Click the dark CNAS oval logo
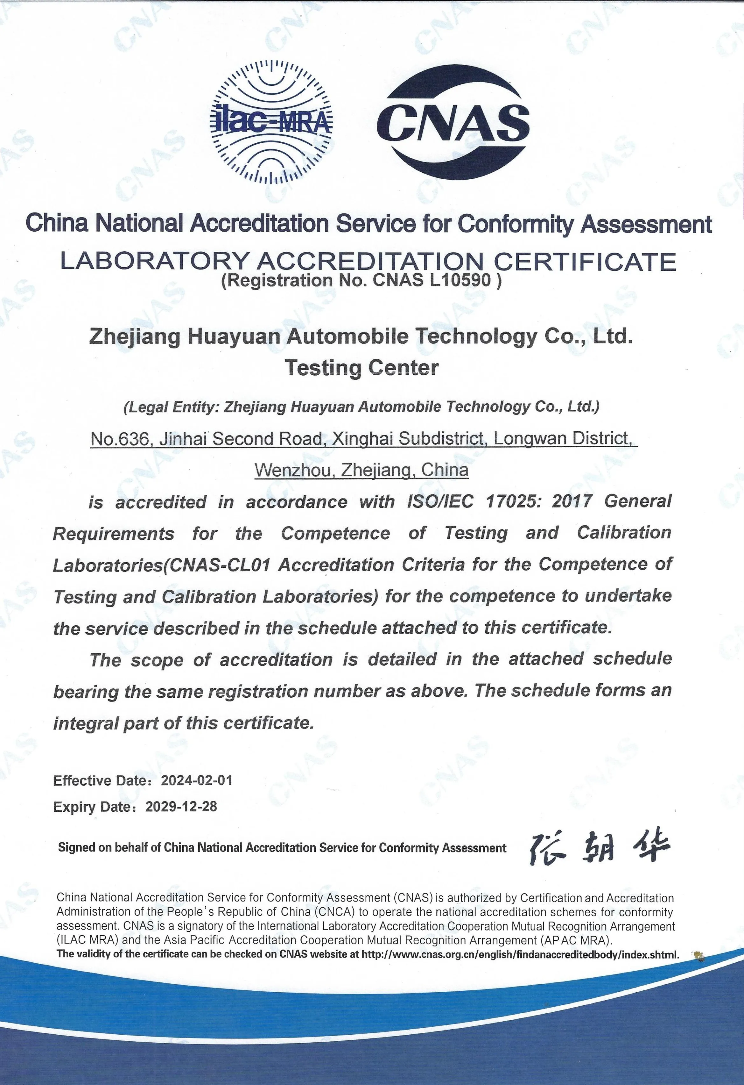click(x=453, y=122)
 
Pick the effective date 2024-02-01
click(x=196, y=780)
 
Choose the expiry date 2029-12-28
click(x=181, y=807)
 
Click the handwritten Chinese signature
click(x=600, y=847)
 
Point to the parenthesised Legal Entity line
click(x=361, y=407)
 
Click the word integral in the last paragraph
click(x=80, y=723)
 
